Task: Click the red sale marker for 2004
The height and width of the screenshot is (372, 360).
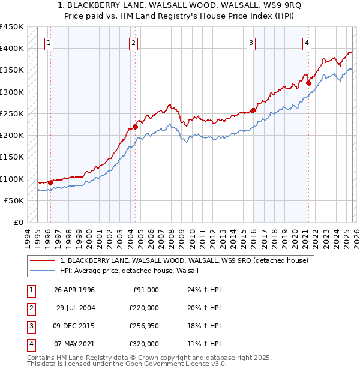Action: (x=136, y=127)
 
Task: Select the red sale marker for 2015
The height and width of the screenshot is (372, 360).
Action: (x=253, y=110)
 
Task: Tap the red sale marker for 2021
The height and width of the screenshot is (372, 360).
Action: (x=308, y=83)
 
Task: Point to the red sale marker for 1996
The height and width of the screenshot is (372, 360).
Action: (x=50, y=182)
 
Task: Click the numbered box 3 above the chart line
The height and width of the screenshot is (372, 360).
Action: (x=250, y=43)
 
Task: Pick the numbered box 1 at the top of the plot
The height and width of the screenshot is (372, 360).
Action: (x=48, y=43)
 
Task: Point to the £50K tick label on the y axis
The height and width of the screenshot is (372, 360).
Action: (x=14, y=201)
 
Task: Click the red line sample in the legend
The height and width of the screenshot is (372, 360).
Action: (x=42, y=260)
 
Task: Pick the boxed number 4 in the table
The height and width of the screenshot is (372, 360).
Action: (x=30, y=344)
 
